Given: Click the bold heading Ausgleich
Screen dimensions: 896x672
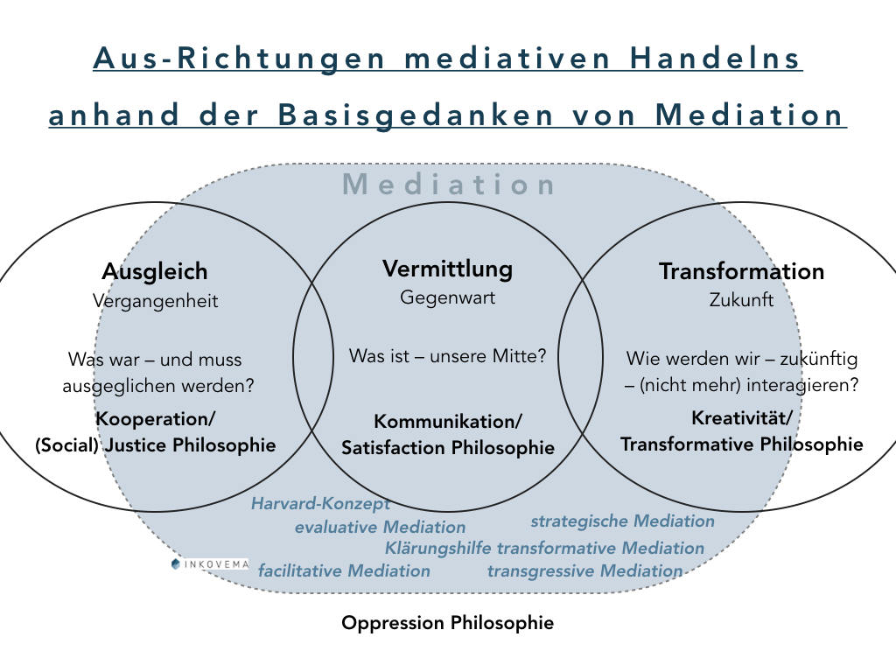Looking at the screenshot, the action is [x=155, y=271].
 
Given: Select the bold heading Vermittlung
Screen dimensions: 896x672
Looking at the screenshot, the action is [x=448, y=269].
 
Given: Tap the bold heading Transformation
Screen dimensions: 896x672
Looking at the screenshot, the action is [x=741, y=271].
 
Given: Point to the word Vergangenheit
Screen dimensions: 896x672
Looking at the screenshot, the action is [x=155, y=300].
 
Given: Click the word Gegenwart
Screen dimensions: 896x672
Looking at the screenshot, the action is [x=448, y=297].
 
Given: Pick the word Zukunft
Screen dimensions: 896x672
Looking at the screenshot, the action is [x=741, y=300].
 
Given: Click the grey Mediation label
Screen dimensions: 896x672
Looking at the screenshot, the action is [x=450, y=185].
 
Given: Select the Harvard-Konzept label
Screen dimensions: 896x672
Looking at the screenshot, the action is [x=320, y=503].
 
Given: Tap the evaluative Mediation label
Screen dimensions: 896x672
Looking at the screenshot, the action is [x=380, y=527].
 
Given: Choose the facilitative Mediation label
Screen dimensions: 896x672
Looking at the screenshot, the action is [x=344, y=570].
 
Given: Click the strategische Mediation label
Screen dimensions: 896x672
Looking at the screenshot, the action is [x=622, y=521].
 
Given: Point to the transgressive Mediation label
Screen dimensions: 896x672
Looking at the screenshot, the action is [x=584, y=571].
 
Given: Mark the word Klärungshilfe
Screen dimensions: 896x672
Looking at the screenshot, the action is [x=437, y=549].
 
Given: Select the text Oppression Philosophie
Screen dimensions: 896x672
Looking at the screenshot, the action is [x=447, y=624].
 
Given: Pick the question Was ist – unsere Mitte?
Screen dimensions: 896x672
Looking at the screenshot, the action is [x=448, y=356].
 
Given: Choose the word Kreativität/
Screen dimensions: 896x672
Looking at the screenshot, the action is [x=741, y=417].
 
